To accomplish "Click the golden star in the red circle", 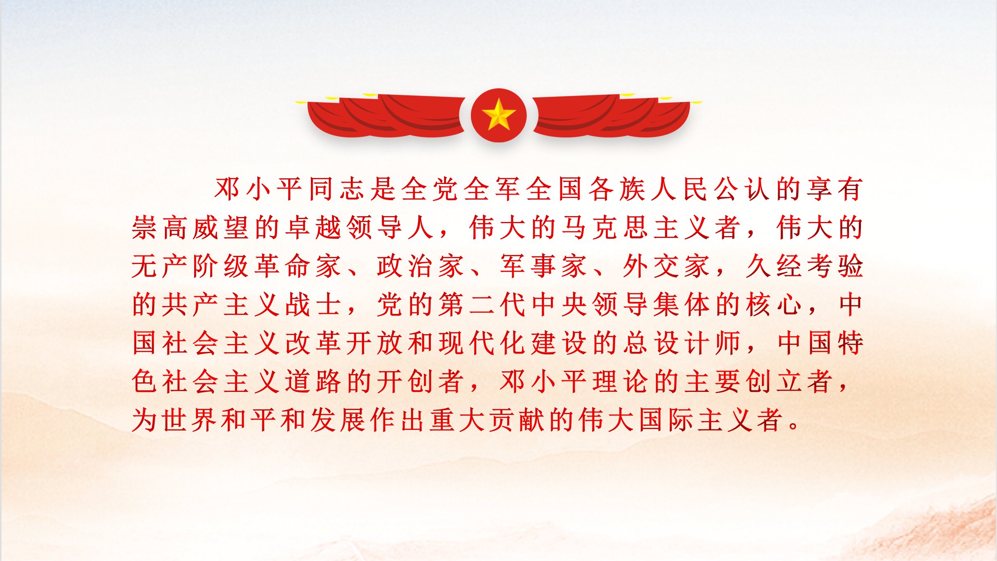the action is [498, 114].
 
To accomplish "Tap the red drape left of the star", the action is [386, 116].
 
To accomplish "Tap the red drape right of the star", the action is [612, 116].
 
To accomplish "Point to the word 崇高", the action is [159, 227].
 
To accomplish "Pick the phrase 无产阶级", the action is [190, 266].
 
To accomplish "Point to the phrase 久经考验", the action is [804, 266].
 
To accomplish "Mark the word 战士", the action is [313, 304].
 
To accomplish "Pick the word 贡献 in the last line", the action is [516, 420].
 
